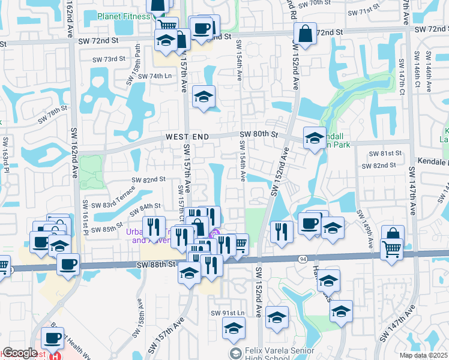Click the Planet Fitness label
point(124,16)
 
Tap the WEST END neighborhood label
point(187,137)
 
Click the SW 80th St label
point(259,134)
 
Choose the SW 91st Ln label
point(228,314)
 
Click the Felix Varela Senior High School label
point(267,354)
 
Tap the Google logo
point(20,353)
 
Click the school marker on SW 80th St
point(314,138)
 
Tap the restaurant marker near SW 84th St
point(154,227)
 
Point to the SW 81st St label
point(384,154)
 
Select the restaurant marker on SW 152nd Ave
point(281,232)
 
